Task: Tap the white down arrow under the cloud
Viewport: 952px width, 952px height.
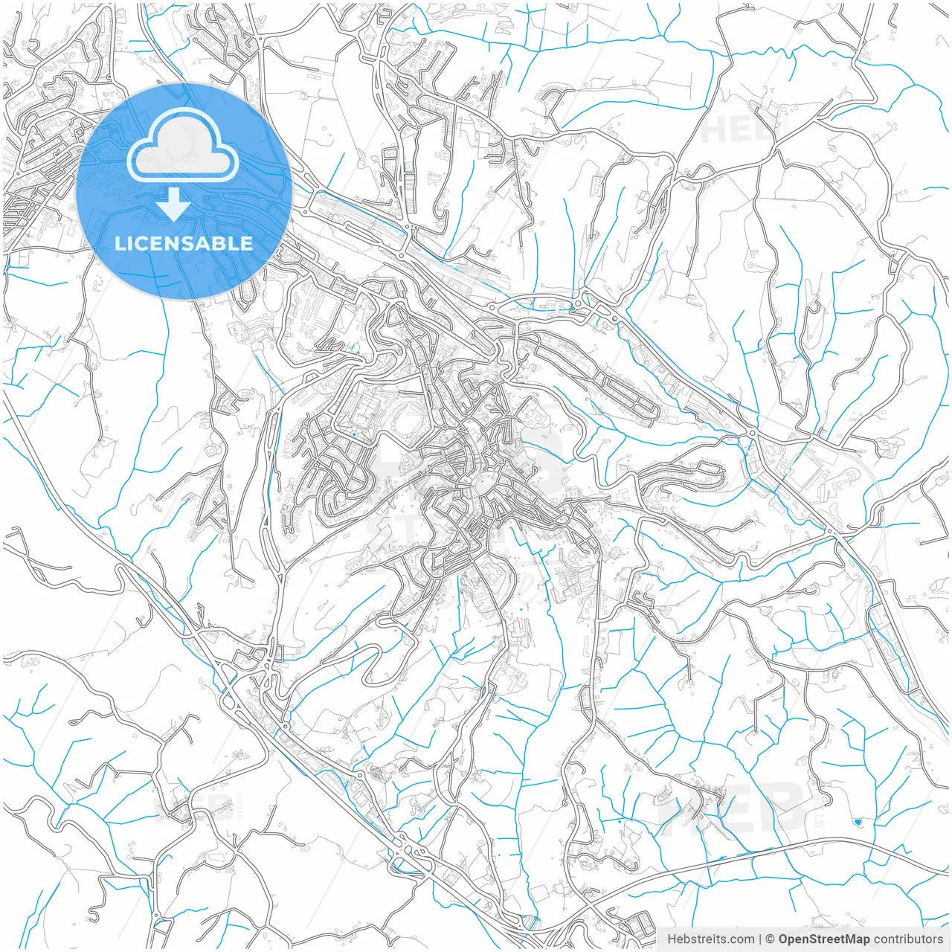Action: (x=174, y=205)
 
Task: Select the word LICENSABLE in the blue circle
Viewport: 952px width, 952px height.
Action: (x=184, y=243)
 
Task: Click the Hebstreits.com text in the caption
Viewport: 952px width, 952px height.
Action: (x=710, y=939)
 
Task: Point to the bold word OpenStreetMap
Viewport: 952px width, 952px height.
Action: (x=823, y=939)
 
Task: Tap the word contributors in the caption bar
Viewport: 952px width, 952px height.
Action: (x=908, y=939)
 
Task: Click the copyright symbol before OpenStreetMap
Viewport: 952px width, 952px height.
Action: (x=771, y=939)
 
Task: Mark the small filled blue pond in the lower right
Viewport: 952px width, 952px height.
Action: (x=859, y=822)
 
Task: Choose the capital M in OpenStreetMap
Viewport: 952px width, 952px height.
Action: (x=845, y=939)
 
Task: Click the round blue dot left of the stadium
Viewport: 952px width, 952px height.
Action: (x=355, y=434)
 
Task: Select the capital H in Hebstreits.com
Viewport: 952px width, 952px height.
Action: (x=672, y=939)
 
